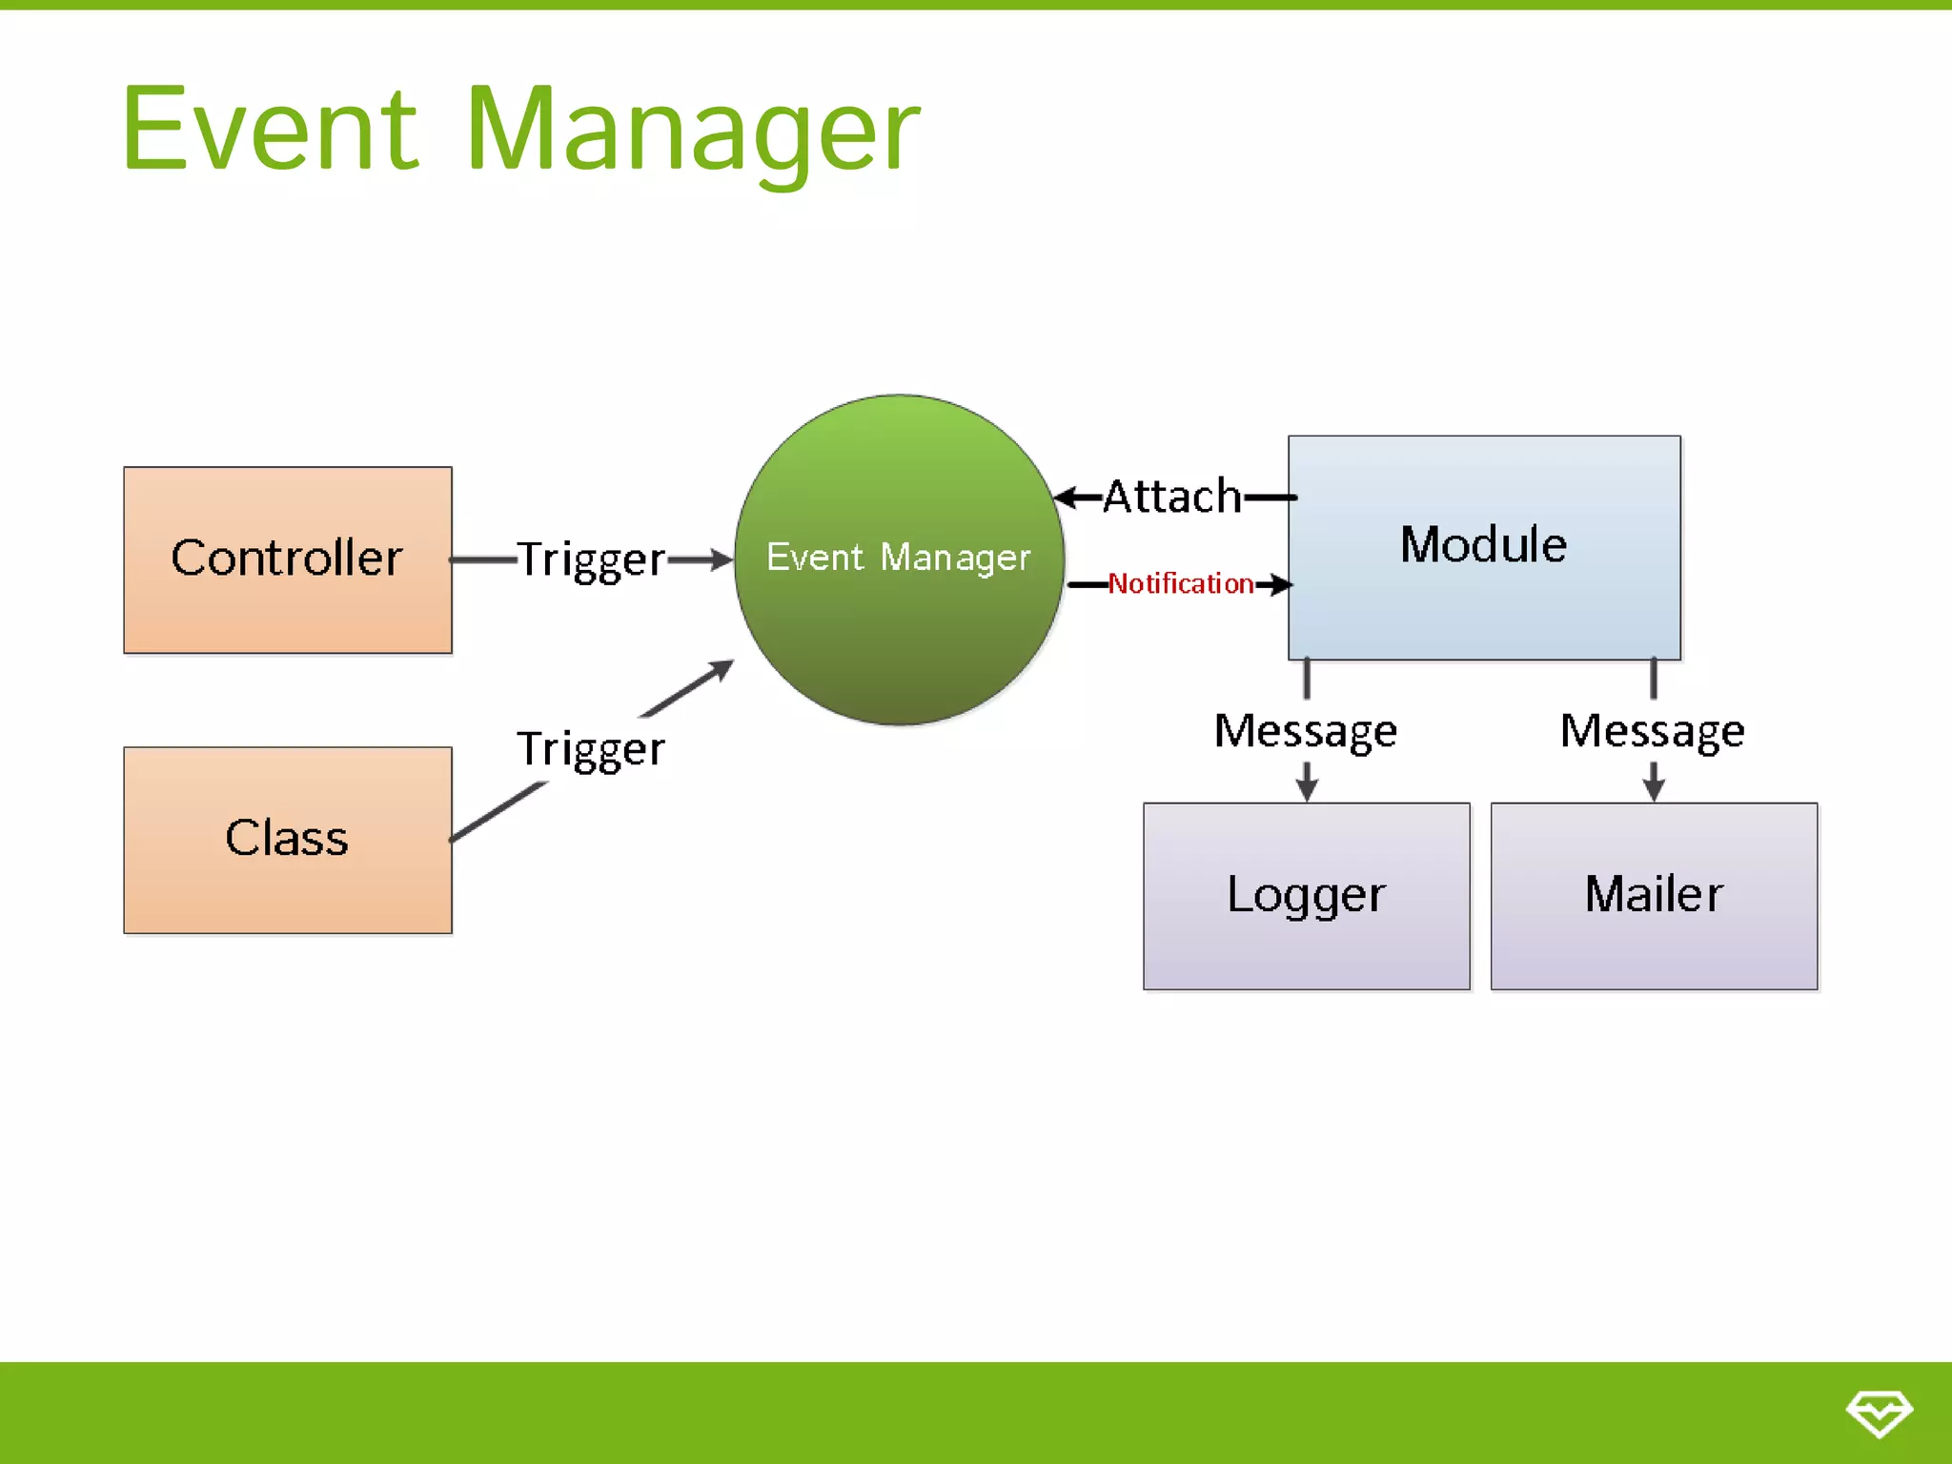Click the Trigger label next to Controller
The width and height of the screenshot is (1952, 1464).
coord(591,560)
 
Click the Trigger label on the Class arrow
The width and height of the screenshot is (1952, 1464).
coord(591,749)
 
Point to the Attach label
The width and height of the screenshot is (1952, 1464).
coord(1172,497)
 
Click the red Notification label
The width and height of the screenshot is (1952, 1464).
coord(1181,583)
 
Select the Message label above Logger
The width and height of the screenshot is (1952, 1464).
coord(1306,731)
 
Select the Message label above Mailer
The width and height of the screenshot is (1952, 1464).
coord(1653,731)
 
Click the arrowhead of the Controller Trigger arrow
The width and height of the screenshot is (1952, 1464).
coord(722,559)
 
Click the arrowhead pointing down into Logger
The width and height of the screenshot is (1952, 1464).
coord(1307,790)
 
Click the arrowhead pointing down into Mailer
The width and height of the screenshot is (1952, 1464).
coord(1654,790)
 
